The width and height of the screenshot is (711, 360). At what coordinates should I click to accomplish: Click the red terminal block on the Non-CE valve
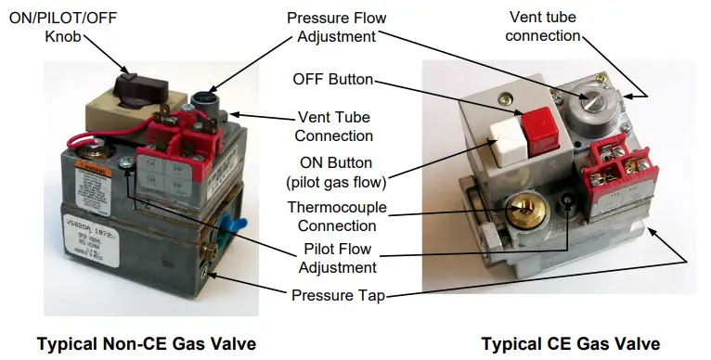point(180,153)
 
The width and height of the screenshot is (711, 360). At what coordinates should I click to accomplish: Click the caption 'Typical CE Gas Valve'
point(570,343)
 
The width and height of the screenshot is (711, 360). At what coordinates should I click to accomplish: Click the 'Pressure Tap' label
point(338,297)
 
